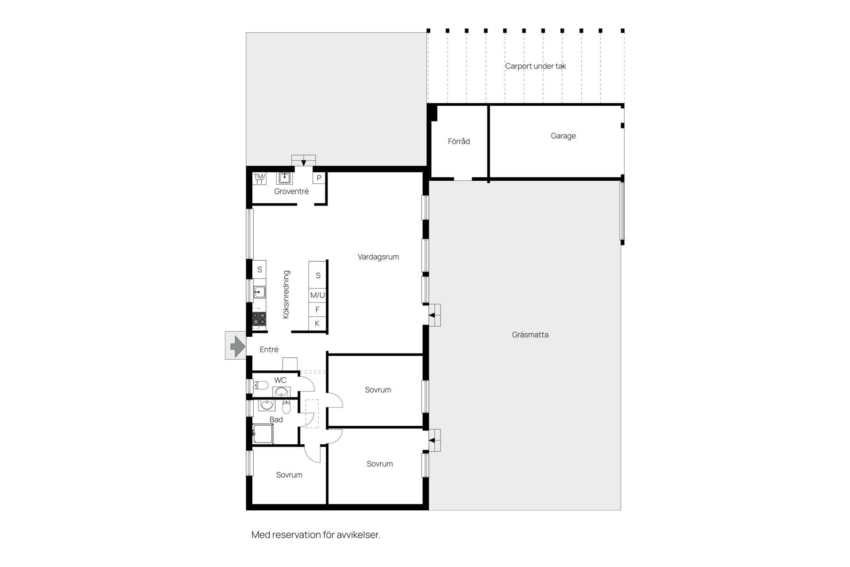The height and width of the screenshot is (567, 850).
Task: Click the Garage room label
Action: (563, 136)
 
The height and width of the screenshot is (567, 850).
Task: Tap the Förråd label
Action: (459, 141)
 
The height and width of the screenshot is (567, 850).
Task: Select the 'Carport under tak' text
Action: (536, 66)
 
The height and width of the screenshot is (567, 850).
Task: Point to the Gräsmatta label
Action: (530, 335)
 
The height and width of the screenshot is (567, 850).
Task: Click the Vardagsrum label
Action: (378, 257)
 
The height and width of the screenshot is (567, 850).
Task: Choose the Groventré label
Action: (291, 191)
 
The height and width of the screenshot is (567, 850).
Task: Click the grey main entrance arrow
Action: (238, 346)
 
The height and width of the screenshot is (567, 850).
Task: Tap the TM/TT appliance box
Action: (259, 179)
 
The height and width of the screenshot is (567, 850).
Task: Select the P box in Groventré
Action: (319, 178)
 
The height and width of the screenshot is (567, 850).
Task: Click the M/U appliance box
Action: (317, 295)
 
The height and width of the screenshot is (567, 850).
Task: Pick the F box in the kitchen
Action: (317, 310)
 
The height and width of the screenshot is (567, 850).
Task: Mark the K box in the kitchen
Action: (317, 324)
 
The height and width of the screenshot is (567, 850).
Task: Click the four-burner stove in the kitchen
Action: (259, 319)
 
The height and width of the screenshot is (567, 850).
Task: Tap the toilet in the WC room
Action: (261, 385)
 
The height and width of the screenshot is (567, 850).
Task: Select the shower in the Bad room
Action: (263, 434)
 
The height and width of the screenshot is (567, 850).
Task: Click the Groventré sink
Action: (284, 178)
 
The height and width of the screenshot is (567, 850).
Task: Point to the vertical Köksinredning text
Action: (286, 295)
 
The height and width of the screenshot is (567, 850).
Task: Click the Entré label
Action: (269, 350)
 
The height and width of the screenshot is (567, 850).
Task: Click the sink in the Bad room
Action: (267, 405)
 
